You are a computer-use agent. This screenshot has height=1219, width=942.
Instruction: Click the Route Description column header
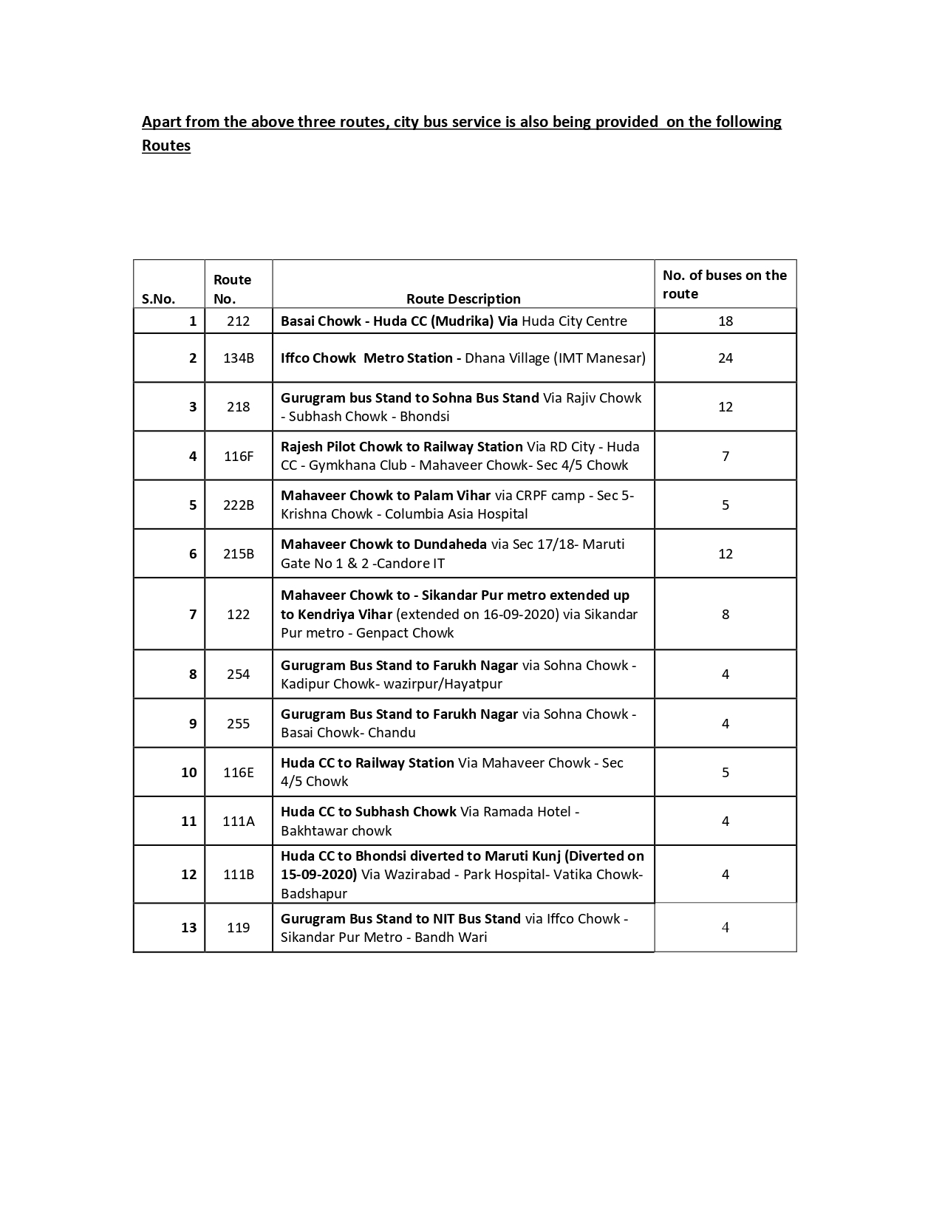463,298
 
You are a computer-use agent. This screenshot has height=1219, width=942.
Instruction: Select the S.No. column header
158,298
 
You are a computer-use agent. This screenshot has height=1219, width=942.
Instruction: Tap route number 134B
239,358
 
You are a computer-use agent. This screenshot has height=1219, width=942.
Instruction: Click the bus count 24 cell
725,358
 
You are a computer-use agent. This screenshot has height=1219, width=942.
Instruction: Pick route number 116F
239,456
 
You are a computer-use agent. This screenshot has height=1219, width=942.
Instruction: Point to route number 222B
239,505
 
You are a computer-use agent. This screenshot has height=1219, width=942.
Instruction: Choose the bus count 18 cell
725,321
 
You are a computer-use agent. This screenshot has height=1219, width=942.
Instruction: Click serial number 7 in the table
193,614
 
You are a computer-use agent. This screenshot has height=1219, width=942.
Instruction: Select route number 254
239,674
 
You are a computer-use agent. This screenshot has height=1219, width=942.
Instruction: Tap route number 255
239,723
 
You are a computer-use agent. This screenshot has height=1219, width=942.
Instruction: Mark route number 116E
239,772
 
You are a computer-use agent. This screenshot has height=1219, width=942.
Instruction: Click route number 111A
239,821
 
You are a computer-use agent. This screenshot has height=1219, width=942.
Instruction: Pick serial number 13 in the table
188,927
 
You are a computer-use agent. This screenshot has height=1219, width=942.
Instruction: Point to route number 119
239,927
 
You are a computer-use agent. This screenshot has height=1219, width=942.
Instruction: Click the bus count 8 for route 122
725,614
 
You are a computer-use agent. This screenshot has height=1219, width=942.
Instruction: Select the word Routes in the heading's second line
166,146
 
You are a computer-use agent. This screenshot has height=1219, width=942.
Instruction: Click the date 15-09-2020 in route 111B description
318,874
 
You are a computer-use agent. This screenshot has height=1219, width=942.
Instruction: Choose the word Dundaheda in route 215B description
450,544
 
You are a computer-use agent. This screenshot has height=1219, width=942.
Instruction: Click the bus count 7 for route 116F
725,456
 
